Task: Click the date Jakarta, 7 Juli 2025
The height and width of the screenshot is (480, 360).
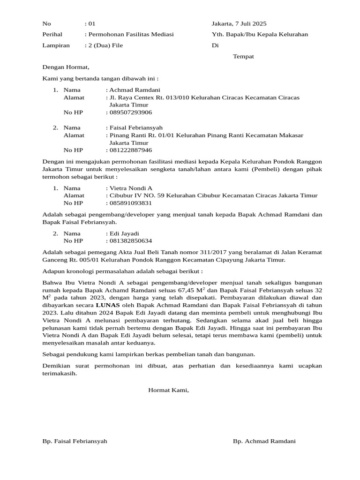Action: (239, 23)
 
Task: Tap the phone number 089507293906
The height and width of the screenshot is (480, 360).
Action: (131, 112)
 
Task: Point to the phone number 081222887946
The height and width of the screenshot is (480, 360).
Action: (131, 150)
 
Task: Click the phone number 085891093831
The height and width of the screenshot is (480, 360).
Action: (131, 203)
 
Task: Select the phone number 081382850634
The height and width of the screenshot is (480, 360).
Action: (131, 241)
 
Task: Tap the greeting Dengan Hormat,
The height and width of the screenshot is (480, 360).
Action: (66, 67)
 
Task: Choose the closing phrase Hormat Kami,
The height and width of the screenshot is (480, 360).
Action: (168, 390)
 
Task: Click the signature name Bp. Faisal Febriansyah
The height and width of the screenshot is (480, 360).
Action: (75, 441)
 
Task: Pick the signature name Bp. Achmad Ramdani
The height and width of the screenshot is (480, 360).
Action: (264, 441)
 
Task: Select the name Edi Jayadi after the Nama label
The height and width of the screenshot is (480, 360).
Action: (124, 233)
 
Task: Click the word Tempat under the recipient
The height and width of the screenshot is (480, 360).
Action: (243, 56)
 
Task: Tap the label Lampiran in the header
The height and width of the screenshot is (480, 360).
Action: (56, 45)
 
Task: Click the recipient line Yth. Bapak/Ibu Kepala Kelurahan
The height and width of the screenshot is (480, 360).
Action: (260, 34)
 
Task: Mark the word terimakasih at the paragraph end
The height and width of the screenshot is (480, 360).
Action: (59, 374)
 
